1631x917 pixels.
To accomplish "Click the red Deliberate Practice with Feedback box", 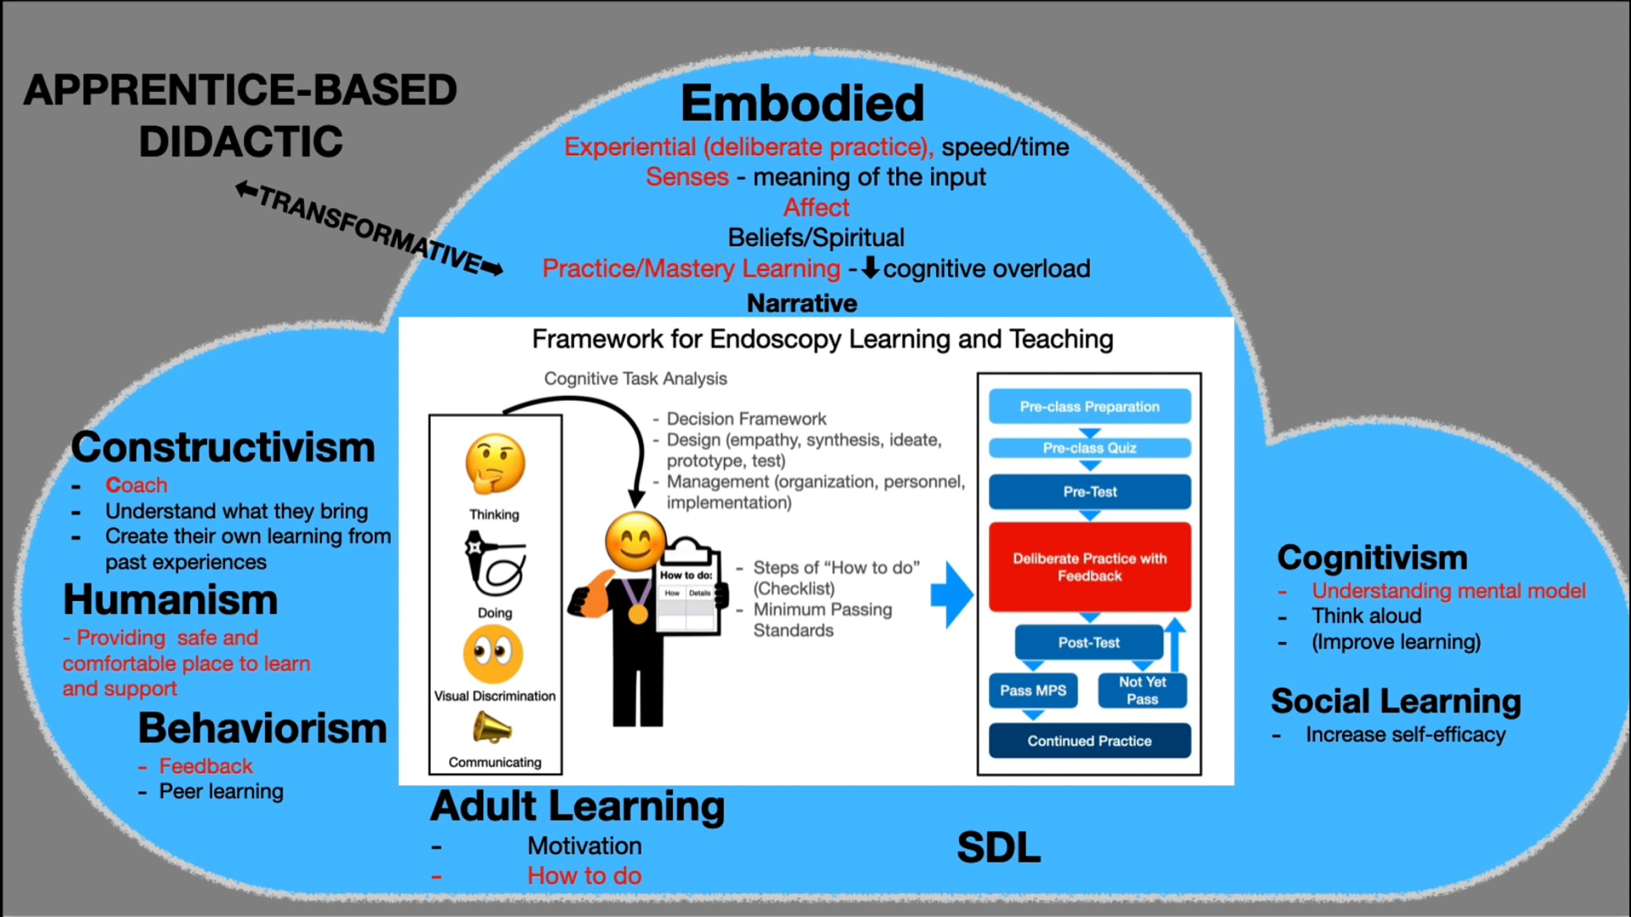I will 1089,567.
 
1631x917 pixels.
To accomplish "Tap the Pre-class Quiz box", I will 1089,448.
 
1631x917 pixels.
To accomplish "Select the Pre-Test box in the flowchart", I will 1089,491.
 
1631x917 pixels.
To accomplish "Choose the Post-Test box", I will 1089,642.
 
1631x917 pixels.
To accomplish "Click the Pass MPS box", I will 1033,690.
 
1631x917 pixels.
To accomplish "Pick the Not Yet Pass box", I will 1142,690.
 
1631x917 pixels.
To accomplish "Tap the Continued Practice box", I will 1089,740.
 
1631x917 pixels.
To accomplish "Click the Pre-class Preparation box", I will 1089,406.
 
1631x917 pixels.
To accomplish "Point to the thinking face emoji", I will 495,465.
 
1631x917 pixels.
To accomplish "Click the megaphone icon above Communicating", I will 491,728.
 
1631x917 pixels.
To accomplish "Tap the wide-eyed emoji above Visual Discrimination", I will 493,653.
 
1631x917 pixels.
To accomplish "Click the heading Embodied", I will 803,103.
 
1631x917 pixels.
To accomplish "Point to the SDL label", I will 998,847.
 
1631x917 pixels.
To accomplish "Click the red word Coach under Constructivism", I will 136,485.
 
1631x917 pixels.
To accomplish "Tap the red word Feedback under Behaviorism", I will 206,766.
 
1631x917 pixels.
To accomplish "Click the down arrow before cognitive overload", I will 870,268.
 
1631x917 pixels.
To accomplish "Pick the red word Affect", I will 816,207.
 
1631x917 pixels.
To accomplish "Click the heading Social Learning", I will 1396,701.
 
